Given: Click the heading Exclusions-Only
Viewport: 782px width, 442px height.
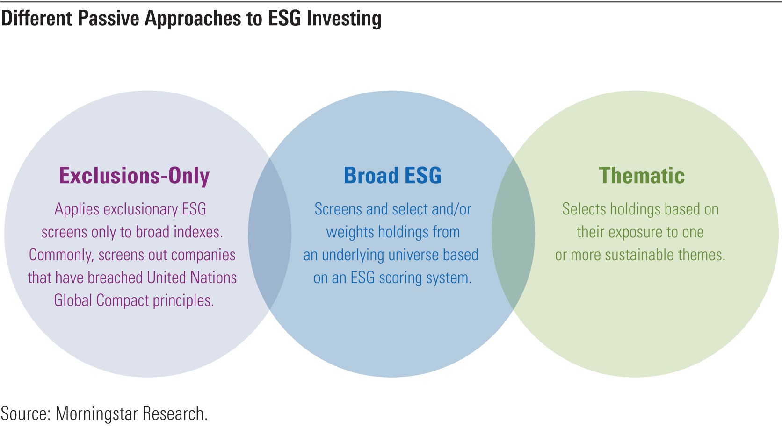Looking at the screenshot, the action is (x=134, y=176).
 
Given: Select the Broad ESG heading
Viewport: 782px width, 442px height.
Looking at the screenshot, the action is (x=392, y=175).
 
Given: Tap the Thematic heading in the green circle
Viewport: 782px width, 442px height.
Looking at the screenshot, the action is (x=642, y=175).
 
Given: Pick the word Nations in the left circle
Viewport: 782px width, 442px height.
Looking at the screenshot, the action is (x=214, y=278).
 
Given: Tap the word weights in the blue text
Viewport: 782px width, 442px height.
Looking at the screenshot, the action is (x=350, y=233).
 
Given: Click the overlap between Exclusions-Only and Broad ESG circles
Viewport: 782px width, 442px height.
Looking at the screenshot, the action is (x=269, y=234).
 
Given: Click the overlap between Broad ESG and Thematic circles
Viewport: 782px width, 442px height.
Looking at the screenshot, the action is (x=513, y=234).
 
